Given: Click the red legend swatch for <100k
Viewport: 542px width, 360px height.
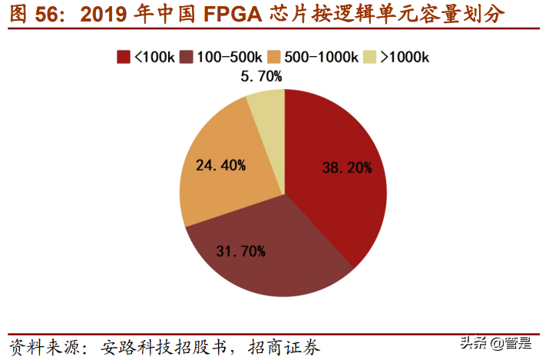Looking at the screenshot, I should point(122,57).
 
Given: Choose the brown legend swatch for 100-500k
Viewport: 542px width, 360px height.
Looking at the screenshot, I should point(186,57).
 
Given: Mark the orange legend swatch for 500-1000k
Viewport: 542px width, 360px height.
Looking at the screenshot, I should point(273,57).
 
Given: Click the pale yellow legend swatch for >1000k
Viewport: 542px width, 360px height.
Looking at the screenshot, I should point(370,57).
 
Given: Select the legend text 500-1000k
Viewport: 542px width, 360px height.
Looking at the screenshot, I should point(320,57).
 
